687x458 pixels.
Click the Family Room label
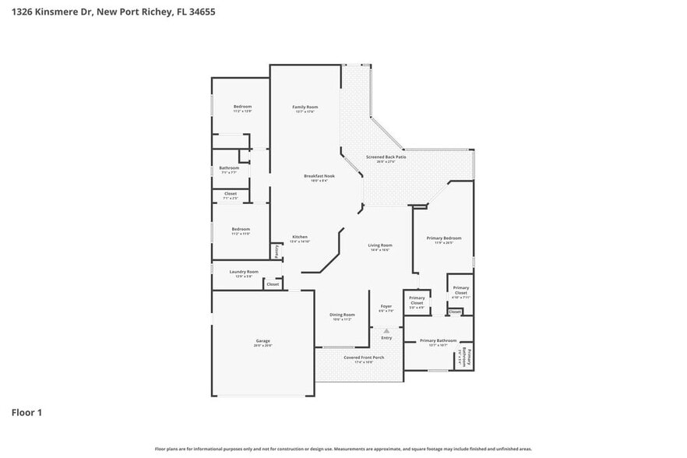coord(305,107)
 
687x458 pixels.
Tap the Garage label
coord(263,341)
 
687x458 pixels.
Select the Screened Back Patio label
coord(386,157)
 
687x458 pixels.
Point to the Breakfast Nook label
coord(319,176)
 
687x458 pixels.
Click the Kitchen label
coord(300,237)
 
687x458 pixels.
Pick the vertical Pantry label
coord(276,252)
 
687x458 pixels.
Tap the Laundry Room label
coord(243,272)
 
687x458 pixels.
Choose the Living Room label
coord(379,245)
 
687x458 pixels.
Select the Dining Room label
coord(343,315)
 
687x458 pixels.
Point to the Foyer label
coord(386,306)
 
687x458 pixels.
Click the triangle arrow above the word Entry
coord(386,330)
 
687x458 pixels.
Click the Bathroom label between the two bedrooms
coord(229,167)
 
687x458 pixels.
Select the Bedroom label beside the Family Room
coord(242,107)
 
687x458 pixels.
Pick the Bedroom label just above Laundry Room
coord(240,229)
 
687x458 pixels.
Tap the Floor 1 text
coord(26,412)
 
